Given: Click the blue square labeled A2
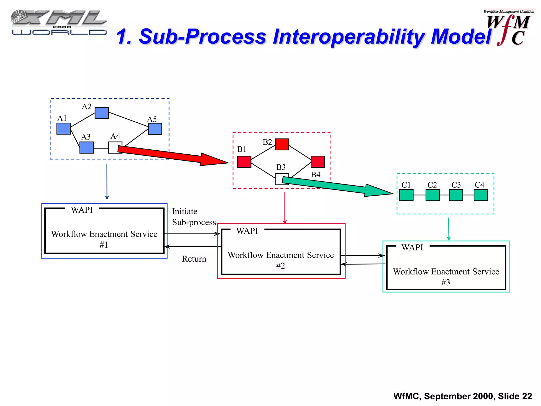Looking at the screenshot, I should click(102, 113).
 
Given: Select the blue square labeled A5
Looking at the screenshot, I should click(155, 129).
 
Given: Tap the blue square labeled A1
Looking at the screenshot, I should click(64, 128).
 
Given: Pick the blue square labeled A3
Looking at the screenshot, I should click(87, 147).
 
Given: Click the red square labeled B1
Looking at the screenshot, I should click(244, 162).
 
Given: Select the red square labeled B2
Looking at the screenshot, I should click(282, 144).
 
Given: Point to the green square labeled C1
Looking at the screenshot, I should click(406, 195).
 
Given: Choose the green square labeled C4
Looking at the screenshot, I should click(481, 195).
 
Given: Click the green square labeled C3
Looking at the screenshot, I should click(456, 195).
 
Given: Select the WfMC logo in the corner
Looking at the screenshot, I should click(509, 28).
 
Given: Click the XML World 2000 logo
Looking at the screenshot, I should click(59, 23).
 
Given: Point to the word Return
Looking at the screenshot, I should click(194, 259).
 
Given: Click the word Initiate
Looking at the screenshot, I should click(185, 211).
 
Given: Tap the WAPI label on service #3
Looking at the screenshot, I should click(412, 247).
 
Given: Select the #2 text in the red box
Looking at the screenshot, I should click(281, 266).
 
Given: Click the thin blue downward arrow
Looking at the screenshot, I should click(107, 182).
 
